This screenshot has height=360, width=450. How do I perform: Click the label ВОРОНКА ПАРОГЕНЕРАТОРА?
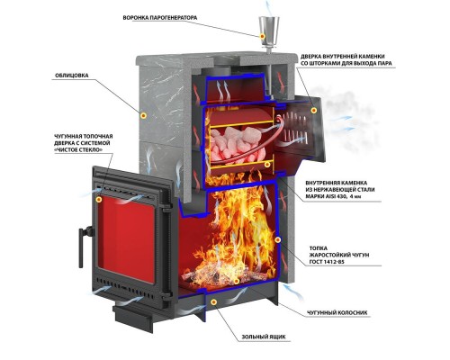pyautogui.click(x=160, y=18)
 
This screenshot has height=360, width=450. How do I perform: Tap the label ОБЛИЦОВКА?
pyautogui.click(x=72, y=76)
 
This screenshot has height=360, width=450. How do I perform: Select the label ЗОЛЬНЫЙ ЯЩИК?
pyautogui.click(x=264, y=337)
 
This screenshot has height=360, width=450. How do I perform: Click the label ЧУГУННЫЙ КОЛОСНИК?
pyautogui.click(x=337, y=312)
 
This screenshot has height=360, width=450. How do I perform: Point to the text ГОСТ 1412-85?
pyautogui.click(x=327, y=262)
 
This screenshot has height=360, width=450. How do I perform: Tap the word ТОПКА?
pyautogui.click(x=319, y=248)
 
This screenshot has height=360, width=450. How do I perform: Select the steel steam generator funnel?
pyautogui.click(x=269, y=34)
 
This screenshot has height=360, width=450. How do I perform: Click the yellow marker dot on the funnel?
pyautogui.click(x=263, y=36)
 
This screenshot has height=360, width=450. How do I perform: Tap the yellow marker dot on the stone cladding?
pyautogui.click(x=144, y=115)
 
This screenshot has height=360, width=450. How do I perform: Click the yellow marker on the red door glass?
pyautogui.click(x=99, y=200)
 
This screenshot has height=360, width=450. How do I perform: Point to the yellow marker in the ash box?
pyautogui.click(x=213, y=302)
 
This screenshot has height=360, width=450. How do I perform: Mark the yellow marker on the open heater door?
pyautogui.click(x=314, y=111)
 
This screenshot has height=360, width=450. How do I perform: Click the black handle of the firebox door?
pyautogui.click(x=84, y=246)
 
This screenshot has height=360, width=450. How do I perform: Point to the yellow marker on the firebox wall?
pyautogui.click(x=278, y=239)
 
